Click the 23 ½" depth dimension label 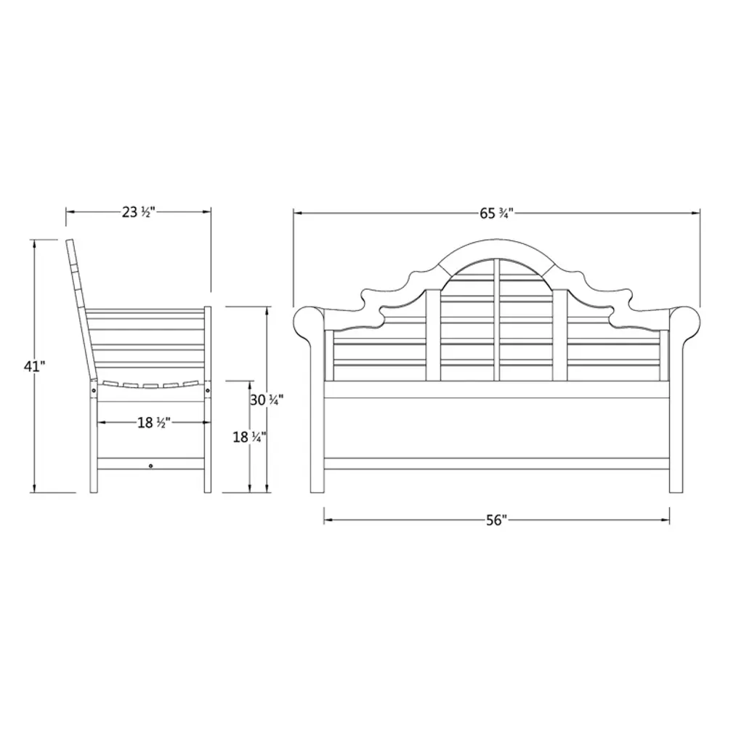139,212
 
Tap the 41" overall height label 34,366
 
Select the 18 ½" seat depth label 154,422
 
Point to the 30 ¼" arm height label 267,400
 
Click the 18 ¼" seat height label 249,437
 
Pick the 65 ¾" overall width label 496,214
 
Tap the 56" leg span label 496,520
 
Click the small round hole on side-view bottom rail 151,466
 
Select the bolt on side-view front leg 207,390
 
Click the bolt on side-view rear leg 94,390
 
